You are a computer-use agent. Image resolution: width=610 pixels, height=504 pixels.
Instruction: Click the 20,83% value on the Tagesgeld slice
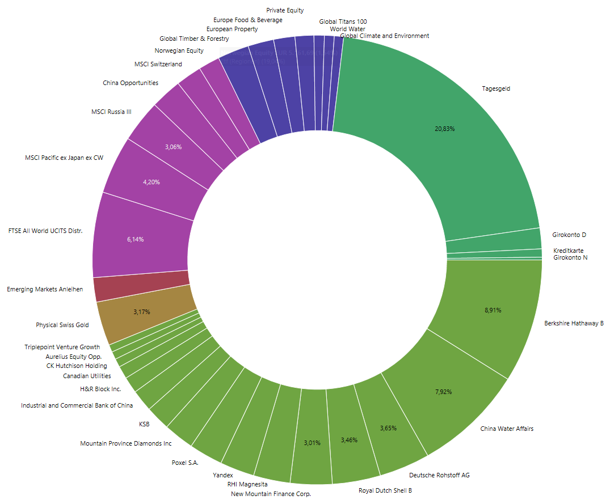[x=445, y=129]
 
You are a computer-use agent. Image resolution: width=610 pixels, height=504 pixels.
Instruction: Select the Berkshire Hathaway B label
[x=574, y=323]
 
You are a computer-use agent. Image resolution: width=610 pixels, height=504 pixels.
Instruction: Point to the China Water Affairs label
[x=507, y=429]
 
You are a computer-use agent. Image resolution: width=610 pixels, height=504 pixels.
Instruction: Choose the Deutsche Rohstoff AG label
[x=439, y=475]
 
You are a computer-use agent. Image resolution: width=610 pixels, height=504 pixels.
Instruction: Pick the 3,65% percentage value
[x=389, y=428]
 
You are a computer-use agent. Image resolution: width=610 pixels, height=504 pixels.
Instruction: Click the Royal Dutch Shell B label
[x=385, y=490]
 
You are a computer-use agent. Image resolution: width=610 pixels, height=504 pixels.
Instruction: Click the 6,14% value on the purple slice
[x=135, y=239]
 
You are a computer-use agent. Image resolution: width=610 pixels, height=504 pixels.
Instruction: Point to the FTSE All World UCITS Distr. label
[x=45, y=231]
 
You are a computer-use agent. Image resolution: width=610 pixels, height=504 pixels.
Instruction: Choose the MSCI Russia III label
[x=111, y=112]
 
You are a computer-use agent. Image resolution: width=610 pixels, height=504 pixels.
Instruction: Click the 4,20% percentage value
[x=151, y=182]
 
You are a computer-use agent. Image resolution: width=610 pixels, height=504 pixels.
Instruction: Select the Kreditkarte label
[x=568, y=251]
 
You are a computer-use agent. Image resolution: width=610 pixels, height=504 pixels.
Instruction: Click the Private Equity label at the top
[x=285, y=10]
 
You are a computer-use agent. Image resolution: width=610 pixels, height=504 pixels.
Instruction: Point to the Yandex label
[x=223, y=475]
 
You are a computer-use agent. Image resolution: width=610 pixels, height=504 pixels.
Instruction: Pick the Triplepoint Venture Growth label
[x=62, y=347]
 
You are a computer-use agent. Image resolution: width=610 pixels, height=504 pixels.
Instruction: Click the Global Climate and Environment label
[x=385, y=36]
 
